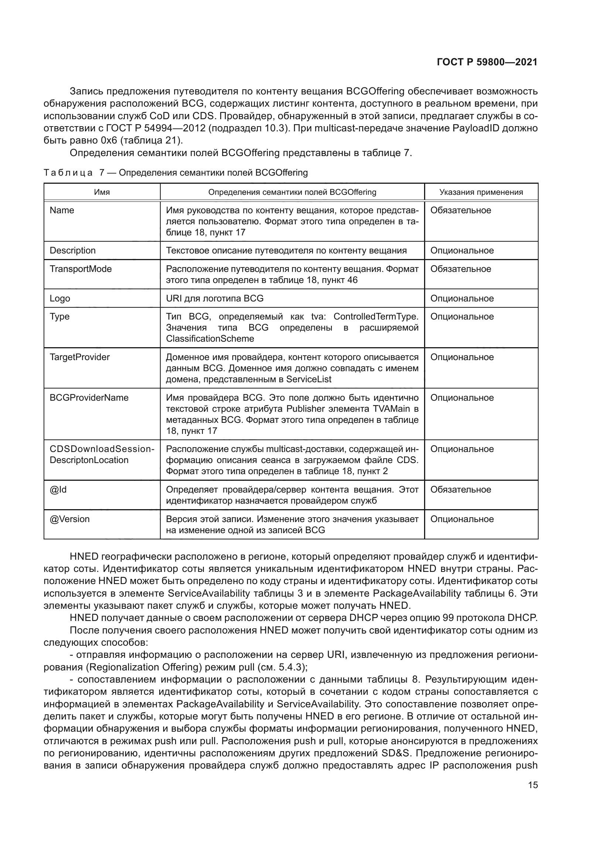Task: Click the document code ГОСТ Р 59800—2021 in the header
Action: tap(487, 62)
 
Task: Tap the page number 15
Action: tap(533, 785)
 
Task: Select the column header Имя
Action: tap(102, 192)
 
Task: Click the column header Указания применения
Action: tap(481, 192)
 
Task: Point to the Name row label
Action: tap(62, 210)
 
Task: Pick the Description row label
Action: tap(72, 250)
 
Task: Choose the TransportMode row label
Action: tap(81, 269)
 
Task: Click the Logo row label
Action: tap(60, 298)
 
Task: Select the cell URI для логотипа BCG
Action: tap(215, 298)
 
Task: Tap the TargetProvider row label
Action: tap(79, 357)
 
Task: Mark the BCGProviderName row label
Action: tap(89, 398)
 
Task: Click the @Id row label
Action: tap(58, 489)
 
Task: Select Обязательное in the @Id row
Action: tap(461, 489)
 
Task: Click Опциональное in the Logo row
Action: tap(462, 298)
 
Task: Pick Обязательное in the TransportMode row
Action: tap(461, 269)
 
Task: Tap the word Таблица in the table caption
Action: tap(68, 173)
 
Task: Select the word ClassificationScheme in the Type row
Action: tap(210, 339)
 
